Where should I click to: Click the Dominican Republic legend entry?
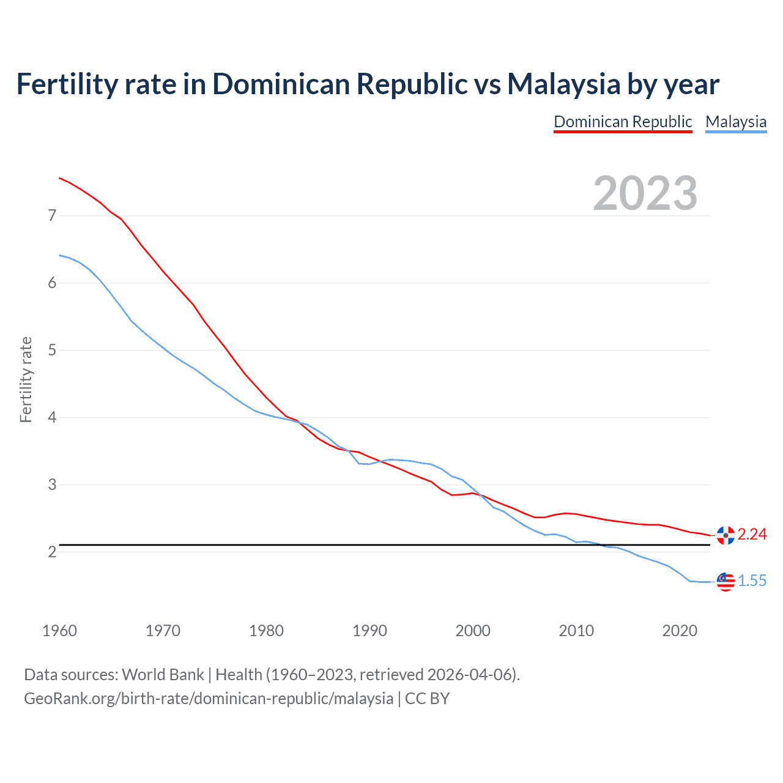tap(623, 122)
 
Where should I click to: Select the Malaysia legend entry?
tap(736, 122)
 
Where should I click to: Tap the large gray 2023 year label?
tap(645, 193)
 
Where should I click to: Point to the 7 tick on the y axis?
tap(52, 215)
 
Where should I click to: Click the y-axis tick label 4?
tap(52, 417)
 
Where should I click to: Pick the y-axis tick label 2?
tap(52, 552)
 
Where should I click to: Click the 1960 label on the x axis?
tap(59, 631)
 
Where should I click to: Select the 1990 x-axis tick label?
tap(369, 631)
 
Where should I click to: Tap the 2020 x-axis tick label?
tap(680, 631)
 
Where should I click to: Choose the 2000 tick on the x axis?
tap(473, 631)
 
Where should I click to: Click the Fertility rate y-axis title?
tap(26, 379)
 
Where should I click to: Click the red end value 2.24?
tap(752, 535)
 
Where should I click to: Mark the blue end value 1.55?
tap(752, 581)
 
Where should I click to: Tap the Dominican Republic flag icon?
tap(725, 535)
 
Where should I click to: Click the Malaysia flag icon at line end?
tap(725, 582)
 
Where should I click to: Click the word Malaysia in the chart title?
tap(563, 84)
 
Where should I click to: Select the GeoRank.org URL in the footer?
tap(209, 699)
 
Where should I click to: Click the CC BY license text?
tap(427, 699)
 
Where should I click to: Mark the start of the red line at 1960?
tap(59, 178)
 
